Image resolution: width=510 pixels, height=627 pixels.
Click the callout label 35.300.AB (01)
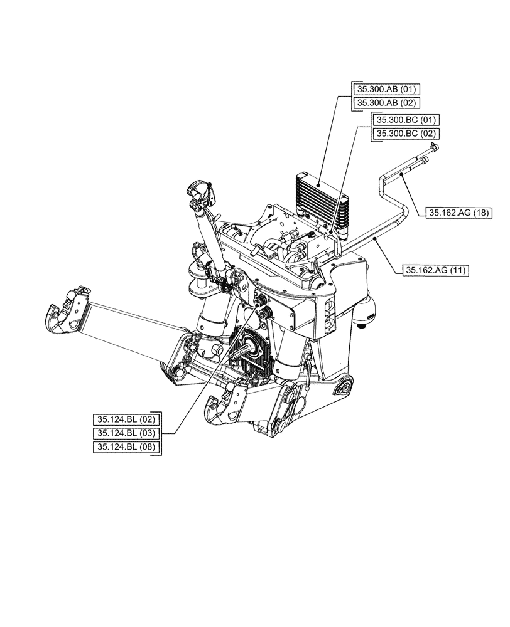384,88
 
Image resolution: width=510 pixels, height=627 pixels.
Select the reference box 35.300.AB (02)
384,103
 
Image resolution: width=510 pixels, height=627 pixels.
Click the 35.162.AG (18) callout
460,213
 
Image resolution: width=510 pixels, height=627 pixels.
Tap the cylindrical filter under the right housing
366,313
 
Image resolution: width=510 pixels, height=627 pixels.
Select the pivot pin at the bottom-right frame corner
344,389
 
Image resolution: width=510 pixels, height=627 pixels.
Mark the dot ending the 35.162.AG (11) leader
375,239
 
